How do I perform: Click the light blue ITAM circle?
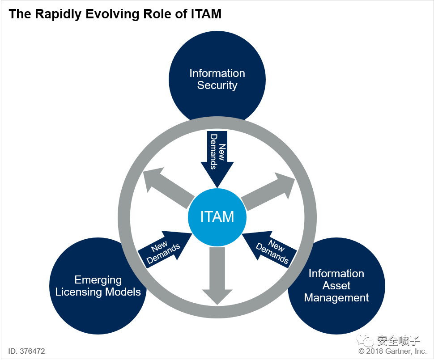[217, 217]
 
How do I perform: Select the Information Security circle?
[217, 79]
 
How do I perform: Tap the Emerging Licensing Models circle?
[98, 286]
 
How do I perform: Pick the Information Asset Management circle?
[336, 286]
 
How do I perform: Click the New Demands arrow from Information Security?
[217, 159]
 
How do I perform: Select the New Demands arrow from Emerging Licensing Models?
[165, 249]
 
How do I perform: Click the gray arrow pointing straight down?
[217, 276]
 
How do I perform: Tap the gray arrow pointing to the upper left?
[168, 188]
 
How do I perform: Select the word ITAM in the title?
[206, 14]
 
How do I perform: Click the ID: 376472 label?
[26, 351]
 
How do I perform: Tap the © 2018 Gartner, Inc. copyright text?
[392, 351]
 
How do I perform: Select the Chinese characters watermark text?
[399, 340]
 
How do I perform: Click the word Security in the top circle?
[217, 85]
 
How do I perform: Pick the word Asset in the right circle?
[336, 286]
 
